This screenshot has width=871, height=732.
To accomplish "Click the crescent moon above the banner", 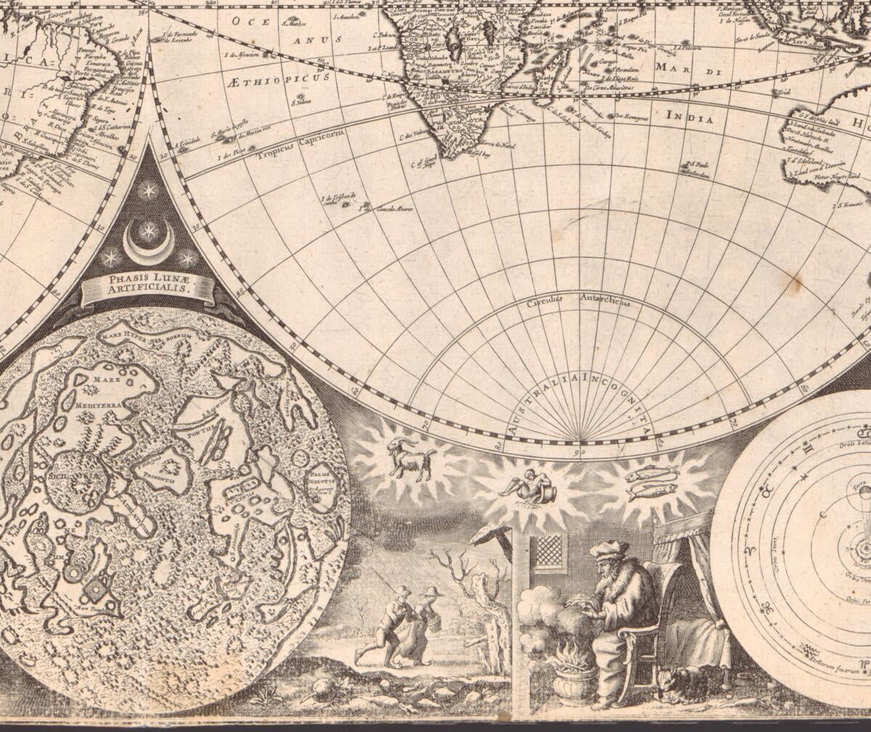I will pos(148,245).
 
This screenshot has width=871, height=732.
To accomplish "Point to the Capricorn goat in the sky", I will pos(411,458).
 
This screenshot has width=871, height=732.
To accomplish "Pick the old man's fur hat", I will pos(608,549).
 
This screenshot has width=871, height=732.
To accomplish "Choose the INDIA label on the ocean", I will pos(690,116).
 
